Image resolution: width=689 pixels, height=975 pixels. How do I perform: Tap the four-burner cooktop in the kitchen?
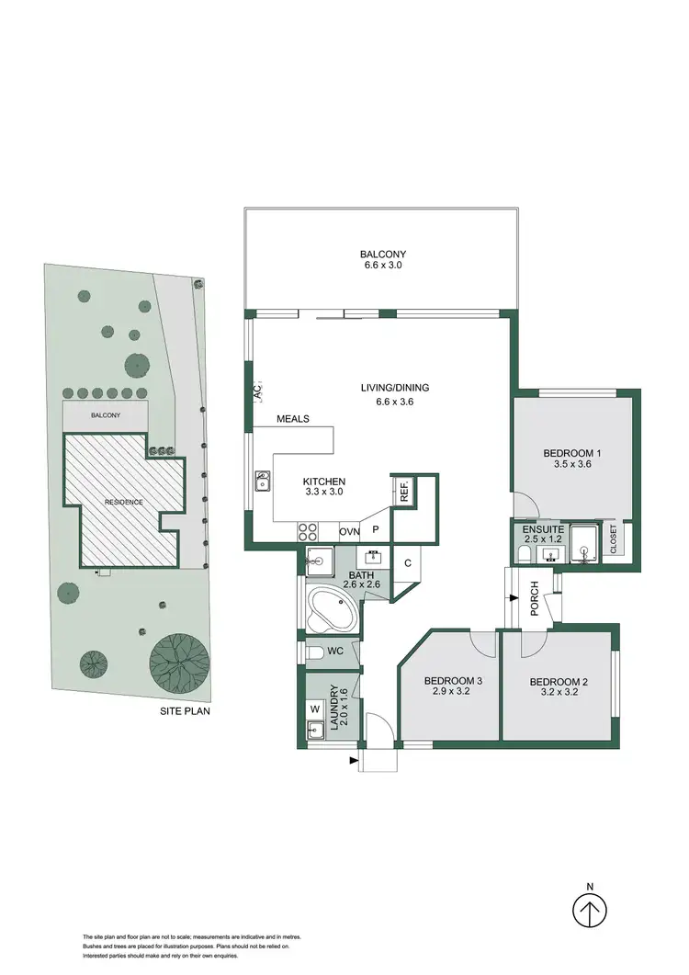click(x=307, y=531)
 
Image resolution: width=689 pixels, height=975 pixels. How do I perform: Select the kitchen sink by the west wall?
click(x=264, y=482)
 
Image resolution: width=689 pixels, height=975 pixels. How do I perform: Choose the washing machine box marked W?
click(x=315, y=709)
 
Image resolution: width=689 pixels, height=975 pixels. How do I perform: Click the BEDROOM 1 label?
click(x=572, y=452)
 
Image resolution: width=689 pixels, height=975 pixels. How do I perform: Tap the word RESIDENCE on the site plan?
click(x=123, y=502)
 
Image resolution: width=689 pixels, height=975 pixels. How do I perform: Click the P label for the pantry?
click(x=376, y=531)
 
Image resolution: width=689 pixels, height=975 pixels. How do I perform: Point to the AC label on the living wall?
click(x=257, y=391)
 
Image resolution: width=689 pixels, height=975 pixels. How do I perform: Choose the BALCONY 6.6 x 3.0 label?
click(x=382, y=260)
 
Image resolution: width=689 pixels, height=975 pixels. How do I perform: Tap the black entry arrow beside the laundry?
click(x=355, y=760)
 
